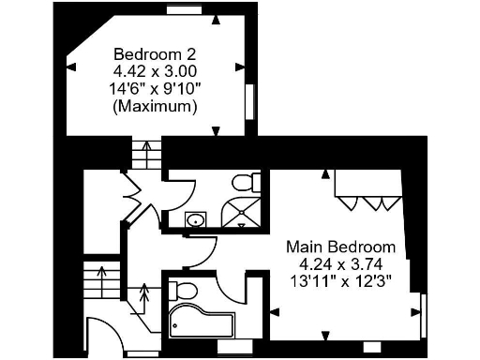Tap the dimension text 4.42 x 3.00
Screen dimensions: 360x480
(x=155, y=70)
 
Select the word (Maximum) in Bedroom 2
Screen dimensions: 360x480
(x=155, y=107)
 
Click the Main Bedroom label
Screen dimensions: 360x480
(x=340, y=247)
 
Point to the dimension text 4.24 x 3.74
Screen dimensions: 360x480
(x=340, y=263)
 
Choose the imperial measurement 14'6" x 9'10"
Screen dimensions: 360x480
(x=155, y=88)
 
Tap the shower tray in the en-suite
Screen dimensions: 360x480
(x=242, y=216)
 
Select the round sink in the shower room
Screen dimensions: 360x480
(x=195, y=220)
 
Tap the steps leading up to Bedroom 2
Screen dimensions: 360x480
(x=145, y=153)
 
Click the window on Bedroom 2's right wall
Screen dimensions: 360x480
(x=250, y=101)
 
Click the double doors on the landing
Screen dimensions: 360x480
(x=131, y=198)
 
